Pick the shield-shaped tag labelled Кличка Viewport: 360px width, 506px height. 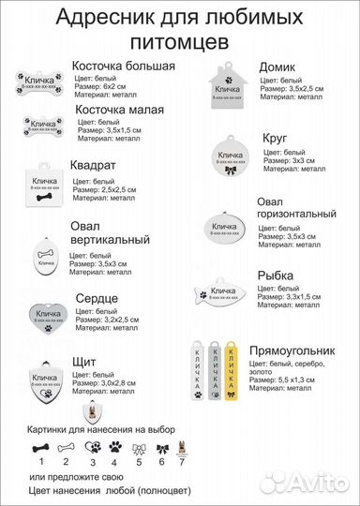(x=44, y=379)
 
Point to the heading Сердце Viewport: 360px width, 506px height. (x=97, y=298)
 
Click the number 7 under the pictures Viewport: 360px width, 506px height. (x=181, y=462)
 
